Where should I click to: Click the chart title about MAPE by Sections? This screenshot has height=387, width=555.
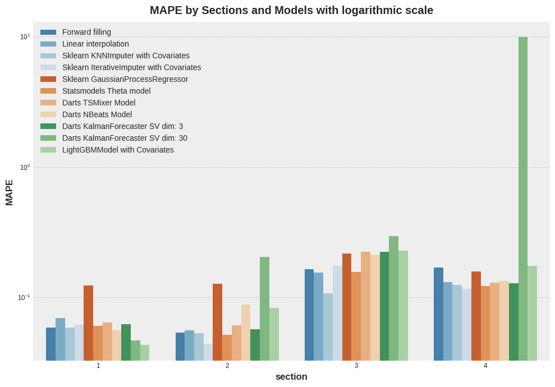click(291, 10)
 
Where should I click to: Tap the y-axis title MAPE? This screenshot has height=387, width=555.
click(10, 192)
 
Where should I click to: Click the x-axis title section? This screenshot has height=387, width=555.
click(291, 376)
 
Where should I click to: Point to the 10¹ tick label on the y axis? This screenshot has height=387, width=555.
click(25, 37)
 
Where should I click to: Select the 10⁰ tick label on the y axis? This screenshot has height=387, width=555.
click(25, 167)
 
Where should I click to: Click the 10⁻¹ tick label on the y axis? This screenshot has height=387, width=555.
click(24, 298)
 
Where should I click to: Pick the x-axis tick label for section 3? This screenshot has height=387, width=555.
click(356, 366)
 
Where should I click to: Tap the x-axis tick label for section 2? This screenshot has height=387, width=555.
click(227, 366)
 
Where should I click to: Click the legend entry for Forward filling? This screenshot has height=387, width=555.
click(86, 32)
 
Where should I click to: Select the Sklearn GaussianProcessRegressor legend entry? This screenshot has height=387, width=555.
click(125, 79)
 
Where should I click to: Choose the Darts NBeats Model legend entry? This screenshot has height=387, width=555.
click(97, 114)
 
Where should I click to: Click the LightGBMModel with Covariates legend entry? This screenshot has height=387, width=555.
click(118, 150)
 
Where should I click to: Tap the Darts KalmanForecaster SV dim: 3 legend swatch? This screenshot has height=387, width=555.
click(48, 126)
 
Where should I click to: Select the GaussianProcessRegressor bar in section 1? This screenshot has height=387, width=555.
click(88, 323)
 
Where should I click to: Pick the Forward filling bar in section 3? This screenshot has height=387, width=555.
click(309, 315)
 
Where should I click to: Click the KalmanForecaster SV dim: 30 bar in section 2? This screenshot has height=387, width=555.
click(264, 308)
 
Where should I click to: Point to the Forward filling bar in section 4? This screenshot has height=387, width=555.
click(438, 314)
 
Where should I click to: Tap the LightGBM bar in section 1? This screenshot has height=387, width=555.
click(145, 353)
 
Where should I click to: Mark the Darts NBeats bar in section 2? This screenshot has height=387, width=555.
click(246, 333)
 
